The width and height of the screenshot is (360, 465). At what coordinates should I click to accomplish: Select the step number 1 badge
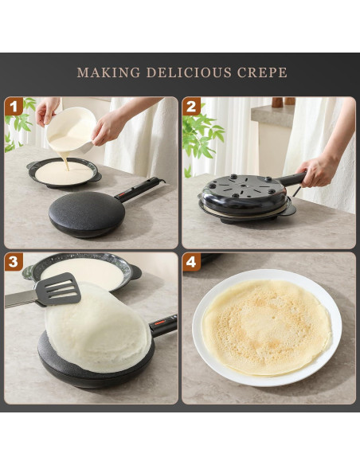coord(14,107)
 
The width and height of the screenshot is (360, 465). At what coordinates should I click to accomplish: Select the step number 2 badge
coord(191,107)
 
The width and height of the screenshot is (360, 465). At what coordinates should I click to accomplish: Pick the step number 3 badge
coord(14,263)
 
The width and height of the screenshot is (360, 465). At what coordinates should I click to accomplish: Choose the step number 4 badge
coord(191,263)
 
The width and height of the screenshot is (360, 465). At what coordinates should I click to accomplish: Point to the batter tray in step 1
coord(64,172)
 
